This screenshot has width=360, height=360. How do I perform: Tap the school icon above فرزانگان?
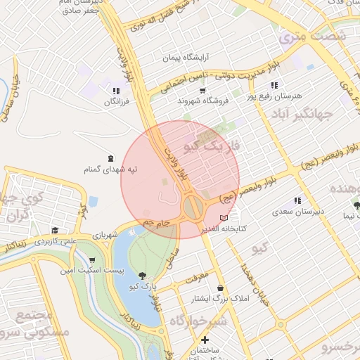coord(116,91)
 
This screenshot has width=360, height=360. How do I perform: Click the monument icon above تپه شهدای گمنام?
coord(110,158)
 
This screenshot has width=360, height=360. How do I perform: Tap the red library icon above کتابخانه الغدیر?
coord(224,218)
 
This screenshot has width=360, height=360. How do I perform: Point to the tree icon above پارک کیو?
coord(143,276)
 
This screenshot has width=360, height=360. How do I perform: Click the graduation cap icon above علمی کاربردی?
coord(55,230)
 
